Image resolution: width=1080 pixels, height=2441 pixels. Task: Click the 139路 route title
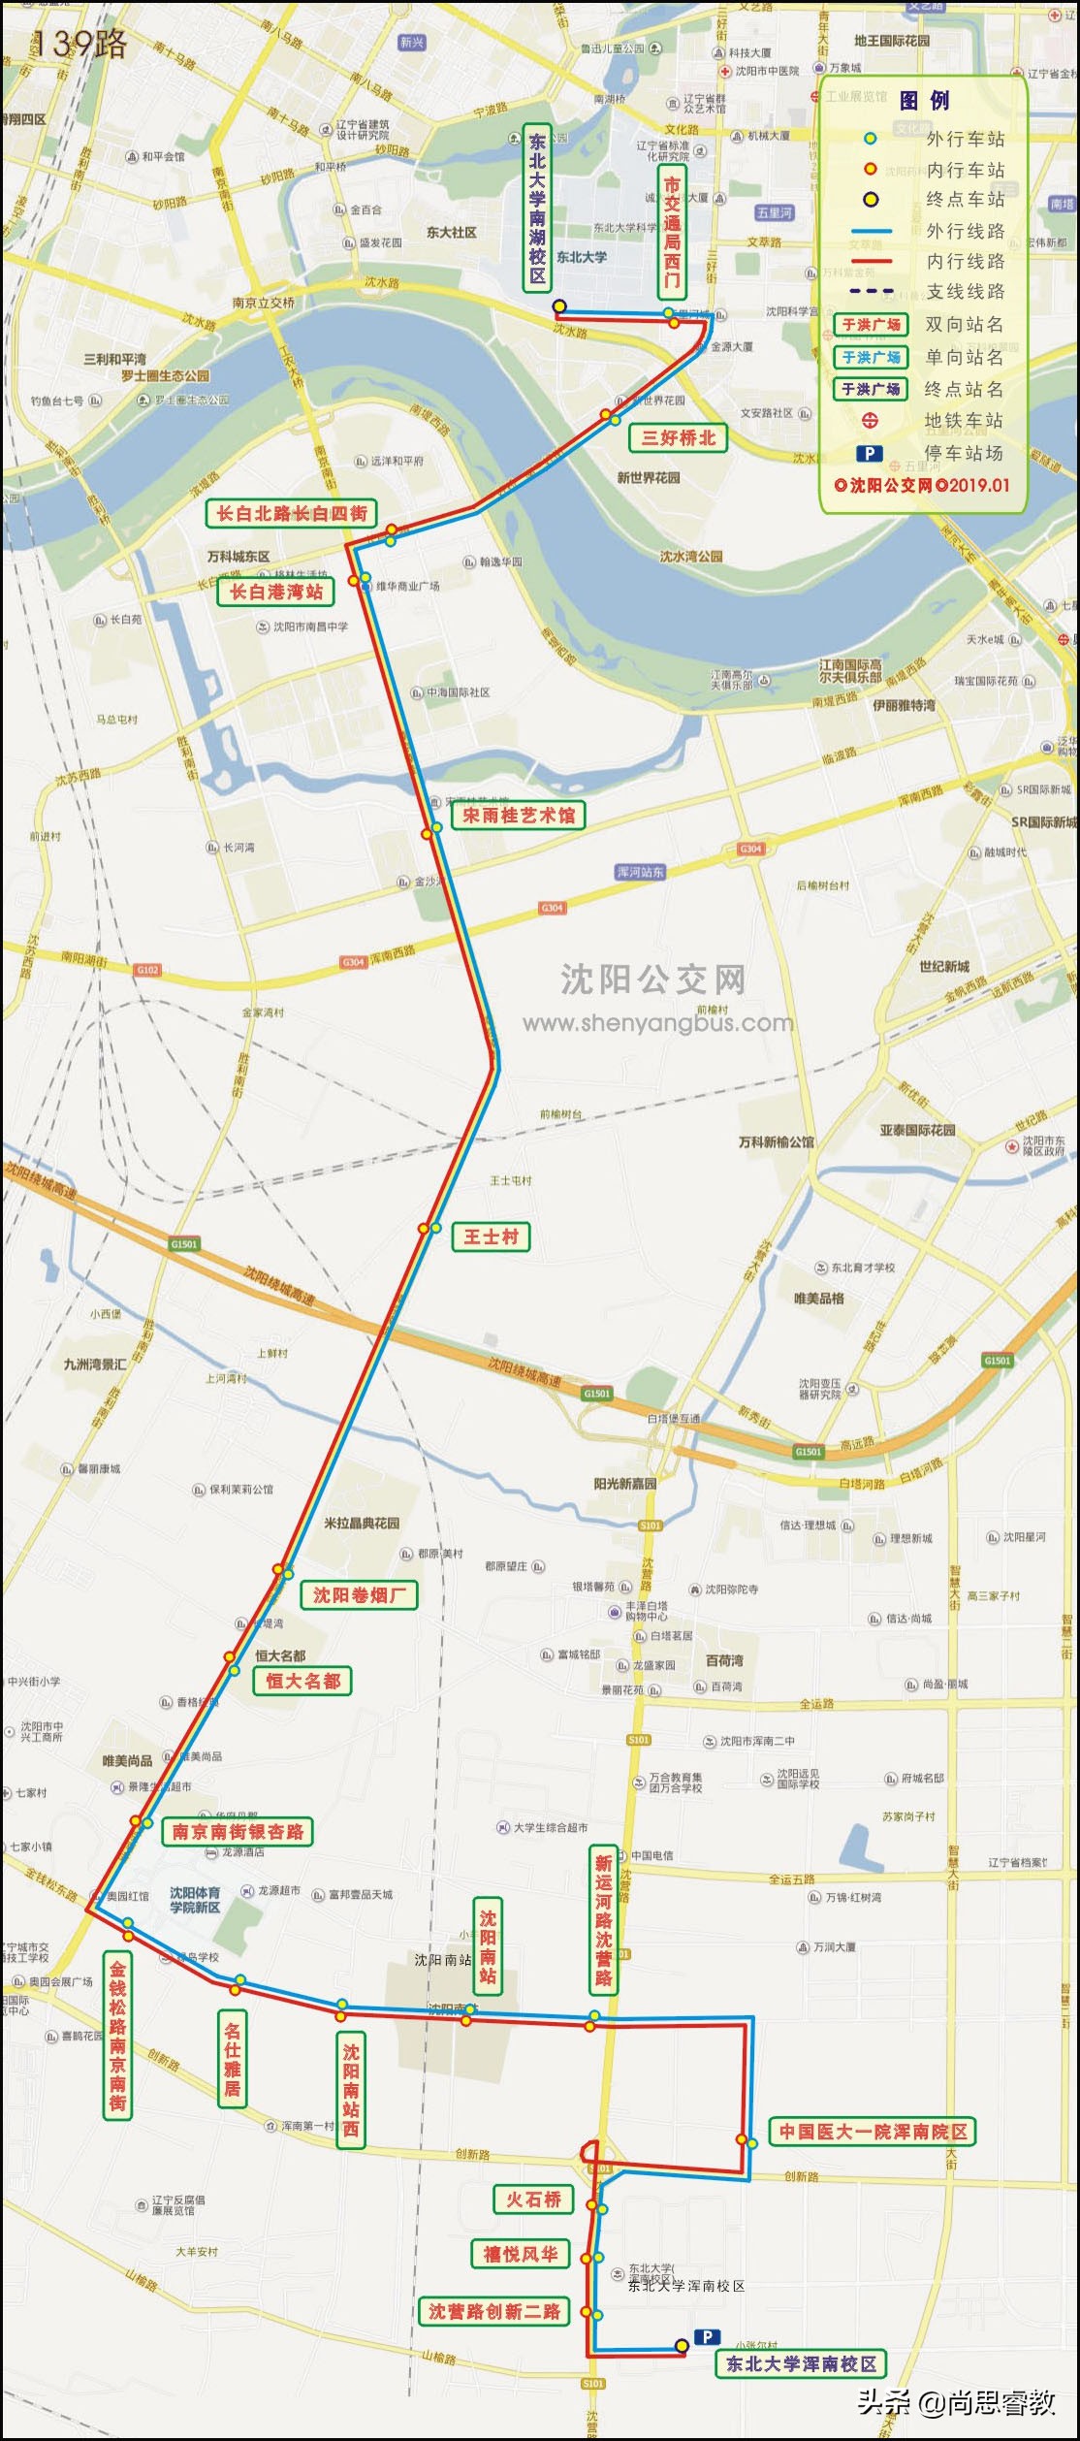pyautogui.click(x=79, y=44)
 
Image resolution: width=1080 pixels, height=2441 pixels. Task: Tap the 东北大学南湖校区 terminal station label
pyautogui.click(x=537, y=208)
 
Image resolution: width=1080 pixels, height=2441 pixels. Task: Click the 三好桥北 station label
pyautogui.click(x=678, y=438)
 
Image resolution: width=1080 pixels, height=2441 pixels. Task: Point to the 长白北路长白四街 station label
pyautogui.click(x=291, y=514)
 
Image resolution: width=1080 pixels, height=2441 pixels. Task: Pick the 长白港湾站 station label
pyautogui.click(x=275, y=593)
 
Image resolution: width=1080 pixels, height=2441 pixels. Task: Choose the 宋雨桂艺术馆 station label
pyautogui.click(x=518, y=816)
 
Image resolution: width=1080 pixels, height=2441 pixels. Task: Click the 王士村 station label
pyautogui.click(x=491, y=1237)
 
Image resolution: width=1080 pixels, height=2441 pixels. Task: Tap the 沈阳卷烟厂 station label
pyautogui.click(x=360, y=1595)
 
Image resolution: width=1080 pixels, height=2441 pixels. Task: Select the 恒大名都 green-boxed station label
pyautogui.click(x=302, y=1682)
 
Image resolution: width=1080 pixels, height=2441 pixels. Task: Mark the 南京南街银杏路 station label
pyautogui.click(x=238, y=1832)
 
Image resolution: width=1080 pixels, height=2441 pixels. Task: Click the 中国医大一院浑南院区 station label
pyautogui.click(x=873, y=2132)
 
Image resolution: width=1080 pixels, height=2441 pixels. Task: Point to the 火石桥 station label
pyautogui.click(x=533, y=2200)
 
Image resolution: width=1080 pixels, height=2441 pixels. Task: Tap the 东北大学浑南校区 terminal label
pyautogui.click(x=801, y=2364)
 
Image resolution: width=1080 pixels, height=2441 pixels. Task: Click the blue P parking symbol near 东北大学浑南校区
pyautogui.click(x=707, y=2337)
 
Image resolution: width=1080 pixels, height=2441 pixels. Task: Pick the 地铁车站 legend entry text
pyautogui.click(x=964, y=421)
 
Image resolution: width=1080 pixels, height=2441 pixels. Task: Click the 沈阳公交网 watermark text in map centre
pyautogui.click(x=652, y=980)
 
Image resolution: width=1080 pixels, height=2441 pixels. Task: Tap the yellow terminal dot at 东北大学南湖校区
pyautogui.click(x=559, y=306)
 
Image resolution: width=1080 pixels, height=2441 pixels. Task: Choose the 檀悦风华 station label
pyautogui.click(x=521, y=2255)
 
